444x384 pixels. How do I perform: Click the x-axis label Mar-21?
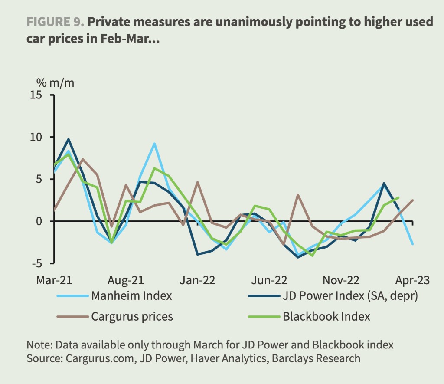[54, 280]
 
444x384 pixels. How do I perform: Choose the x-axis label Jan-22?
[198, 280]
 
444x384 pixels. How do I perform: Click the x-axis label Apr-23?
[412, 280]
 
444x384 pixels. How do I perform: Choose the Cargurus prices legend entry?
[132, 316]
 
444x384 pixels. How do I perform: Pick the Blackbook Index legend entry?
[326, 316]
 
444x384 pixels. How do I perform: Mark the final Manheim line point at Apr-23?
[412, 244]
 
